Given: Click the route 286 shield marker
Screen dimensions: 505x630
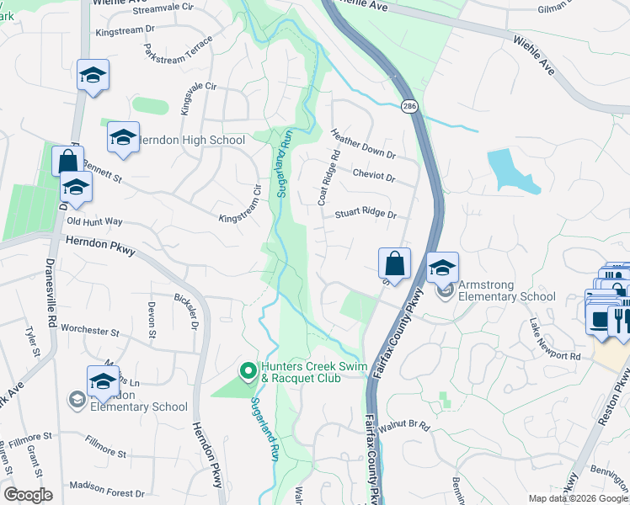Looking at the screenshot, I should (409, 106).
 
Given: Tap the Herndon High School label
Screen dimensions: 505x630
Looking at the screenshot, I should (190, 141).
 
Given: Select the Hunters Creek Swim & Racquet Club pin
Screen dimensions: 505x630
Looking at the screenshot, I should (248, 370).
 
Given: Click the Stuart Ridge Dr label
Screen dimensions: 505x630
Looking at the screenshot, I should (366, 215).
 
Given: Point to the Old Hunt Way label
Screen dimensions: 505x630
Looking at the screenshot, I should (94, 221).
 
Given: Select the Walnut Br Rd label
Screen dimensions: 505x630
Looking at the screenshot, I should (404, 428).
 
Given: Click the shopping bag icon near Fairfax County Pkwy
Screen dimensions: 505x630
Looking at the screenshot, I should (394, 263).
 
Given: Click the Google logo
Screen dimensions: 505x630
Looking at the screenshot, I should (28, 494).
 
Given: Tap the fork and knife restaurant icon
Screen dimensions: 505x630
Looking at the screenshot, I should (618, 320).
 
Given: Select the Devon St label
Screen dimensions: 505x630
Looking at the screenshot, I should (152, 321).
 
